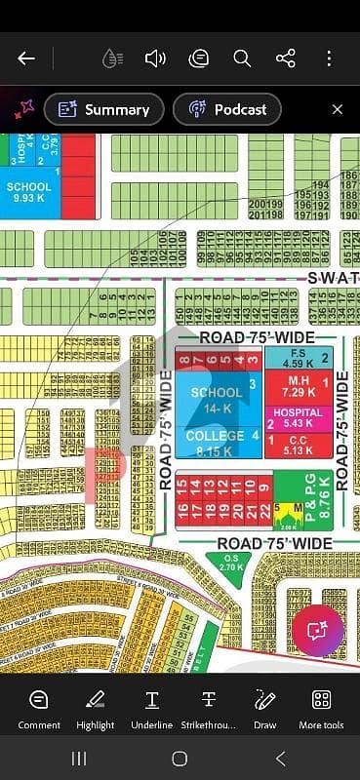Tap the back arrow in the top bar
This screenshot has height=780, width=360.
[x=26, y=58]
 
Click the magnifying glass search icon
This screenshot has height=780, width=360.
[x=242, y=58]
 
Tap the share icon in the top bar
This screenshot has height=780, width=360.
[x=286, y=58]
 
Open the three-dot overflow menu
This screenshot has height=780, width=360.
[x=330, y=58]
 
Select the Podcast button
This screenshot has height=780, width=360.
[x=227, y=109]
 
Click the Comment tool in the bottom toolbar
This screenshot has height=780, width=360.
[x=39, y=709]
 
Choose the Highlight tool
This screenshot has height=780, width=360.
[x=95, y=709]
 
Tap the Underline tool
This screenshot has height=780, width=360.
[x=152, y=709]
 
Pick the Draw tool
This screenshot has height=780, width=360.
[x=264, y=709]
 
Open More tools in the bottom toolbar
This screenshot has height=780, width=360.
[x=321, y=709]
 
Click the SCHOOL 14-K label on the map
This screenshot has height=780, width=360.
[x=216, y=398]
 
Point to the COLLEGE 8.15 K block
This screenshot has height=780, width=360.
[x=216, y=443]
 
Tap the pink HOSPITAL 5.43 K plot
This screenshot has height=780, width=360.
[x=298, y=418]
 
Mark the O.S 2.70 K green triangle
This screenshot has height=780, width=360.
[x=231, y=563]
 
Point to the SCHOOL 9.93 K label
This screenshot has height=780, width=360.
[x=28, y=192]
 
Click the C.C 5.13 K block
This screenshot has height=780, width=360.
[x=298, y=446]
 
